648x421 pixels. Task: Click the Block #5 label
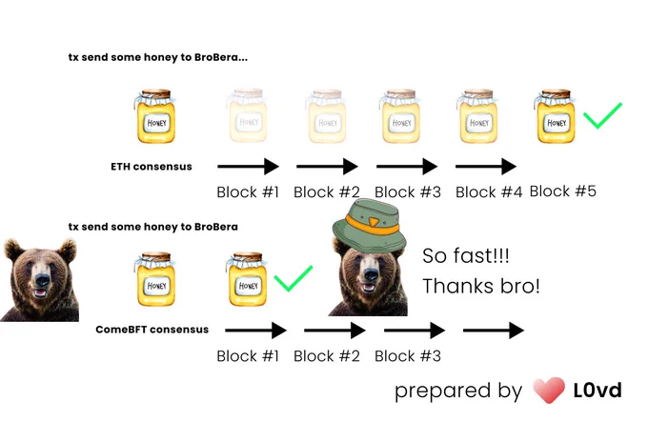562,191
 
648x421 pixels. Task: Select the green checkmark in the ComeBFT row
293,280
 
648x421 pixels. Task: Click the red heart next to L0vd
549,390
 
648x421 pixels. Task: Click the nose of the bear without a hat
43,280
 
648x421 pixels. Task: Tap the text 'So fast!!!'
466,255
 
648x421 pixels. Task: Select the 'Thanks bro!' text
481,286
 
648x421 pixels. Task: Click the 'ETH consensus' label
152,167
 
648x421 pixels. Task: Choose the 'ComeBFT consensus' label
152,330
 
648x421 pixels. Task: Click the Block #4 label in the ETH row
489,192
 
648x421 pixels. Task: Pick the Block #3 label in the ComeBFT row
408,356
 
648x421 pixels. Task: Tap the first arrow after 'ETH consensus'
249,167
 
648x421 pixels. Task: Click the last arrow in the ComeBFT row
494,331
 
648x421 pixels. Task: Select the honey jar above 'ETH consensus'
155,116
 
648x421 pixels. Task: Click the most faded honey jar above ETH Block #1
247,115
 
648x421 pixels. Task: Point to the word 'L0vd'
597,391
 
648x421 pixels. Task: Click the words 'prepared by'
458,391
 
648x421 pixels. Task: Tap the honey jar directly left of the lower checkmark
247,279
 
